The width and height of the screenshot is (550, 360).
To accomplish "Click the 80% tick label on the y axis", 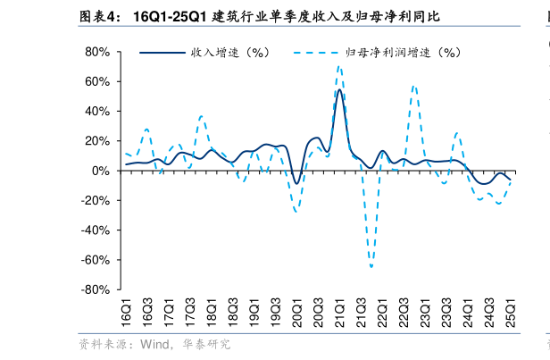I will [97, 52].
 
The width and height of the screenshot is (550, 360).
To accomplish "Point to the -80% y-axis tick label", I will [96, 289].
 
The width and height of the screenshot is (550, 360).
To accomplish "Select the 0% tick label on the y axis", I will [101, 171].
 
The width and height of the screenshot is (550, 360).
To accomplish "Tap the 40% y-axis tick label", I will [97, 112].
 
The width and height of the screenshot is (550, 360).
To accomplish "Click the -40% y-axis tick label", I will [96, 230].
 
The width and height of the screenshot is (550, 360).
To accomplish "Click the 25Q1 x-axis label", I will [512, 314].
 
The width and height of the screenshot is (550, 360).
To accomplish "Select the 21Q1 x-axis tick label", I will [340, 314].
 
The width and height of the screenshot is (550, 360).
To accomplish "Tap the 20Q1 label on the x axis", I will [297, 314].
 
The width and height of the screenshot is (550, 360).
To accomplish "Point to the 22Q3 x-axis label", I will [404, 314].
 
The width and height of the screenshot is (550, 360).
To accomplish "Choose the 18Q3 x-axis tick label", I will [233, 314].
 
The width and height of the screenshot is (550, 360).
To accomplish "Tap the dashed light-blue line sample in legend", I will [316, 53].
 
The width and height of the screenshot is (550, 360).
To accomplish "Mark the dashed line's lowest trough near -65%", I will [371, 266].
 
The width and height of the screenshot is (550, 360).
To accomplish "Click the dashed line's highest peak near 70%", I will [339, 66].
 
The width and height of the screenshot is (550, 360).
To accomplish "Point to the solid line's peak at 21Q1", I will [339, 90].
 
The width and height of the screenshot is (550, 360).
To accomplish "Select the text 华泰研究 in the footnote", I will [206, 344].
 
